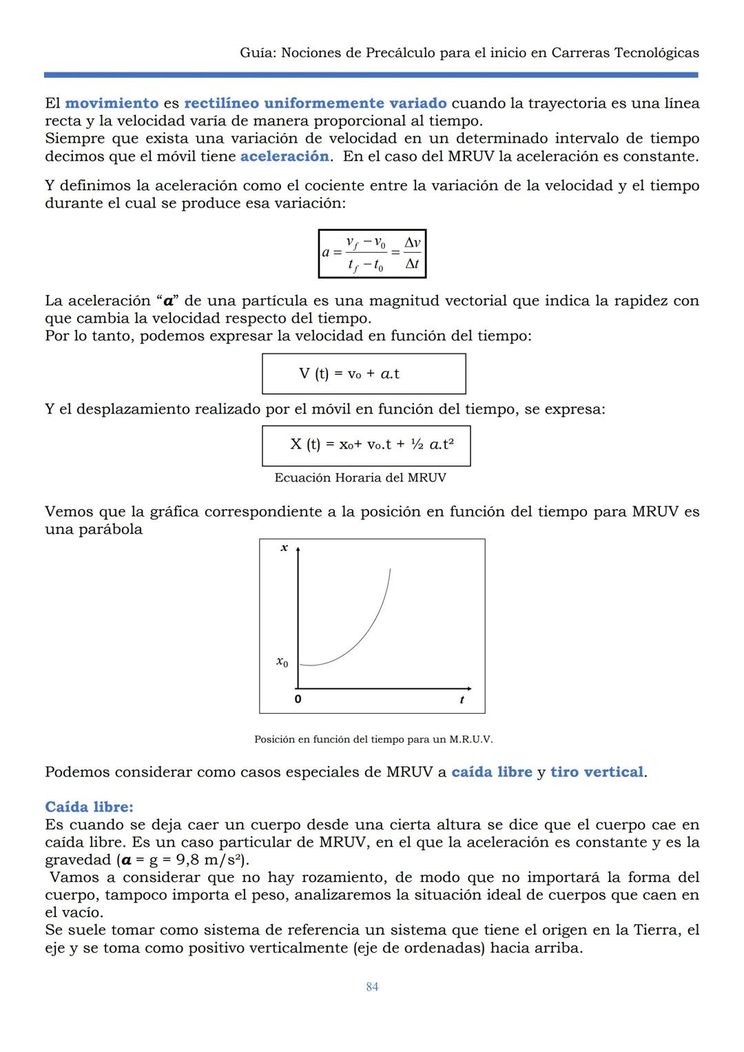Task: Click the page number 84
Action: pyautogui.click(x=372, y=987)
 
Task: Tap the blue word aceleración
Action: pyautogui.click(x=284, y=156)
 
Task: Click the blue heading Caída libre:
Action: pyautogui.click(x=89, y=807)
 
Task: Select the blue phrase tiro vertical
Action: pyautogui.click(x=597, y=772)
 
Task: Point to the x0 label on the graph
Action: pyautogui.click(x=282, y=662)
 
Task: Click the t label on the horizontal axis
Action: pyautogui.click(x=462, y=699)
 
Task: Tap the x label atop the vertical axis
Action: pyautogui.click(x=284, y=548)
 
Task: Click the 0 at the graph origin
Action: pyautogui.click(x=298, y=699)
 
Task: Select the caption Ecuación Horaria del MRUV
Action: pyautogui.click(x=360, y=477)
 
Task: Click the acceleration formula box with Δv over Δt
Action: pyautogui.click(x=372, y=254)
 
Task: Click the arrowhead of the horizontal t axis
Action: pyautogui.click(x=469, y=688)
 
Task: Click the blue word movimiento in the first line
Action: pyautogui.click(x=112, y=103)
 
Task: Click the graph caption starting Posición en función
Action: pyautogui.click(x=373, y=739)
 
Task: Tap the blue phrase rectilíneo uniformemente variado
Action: pyautogui.click(x=315, y=103)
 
